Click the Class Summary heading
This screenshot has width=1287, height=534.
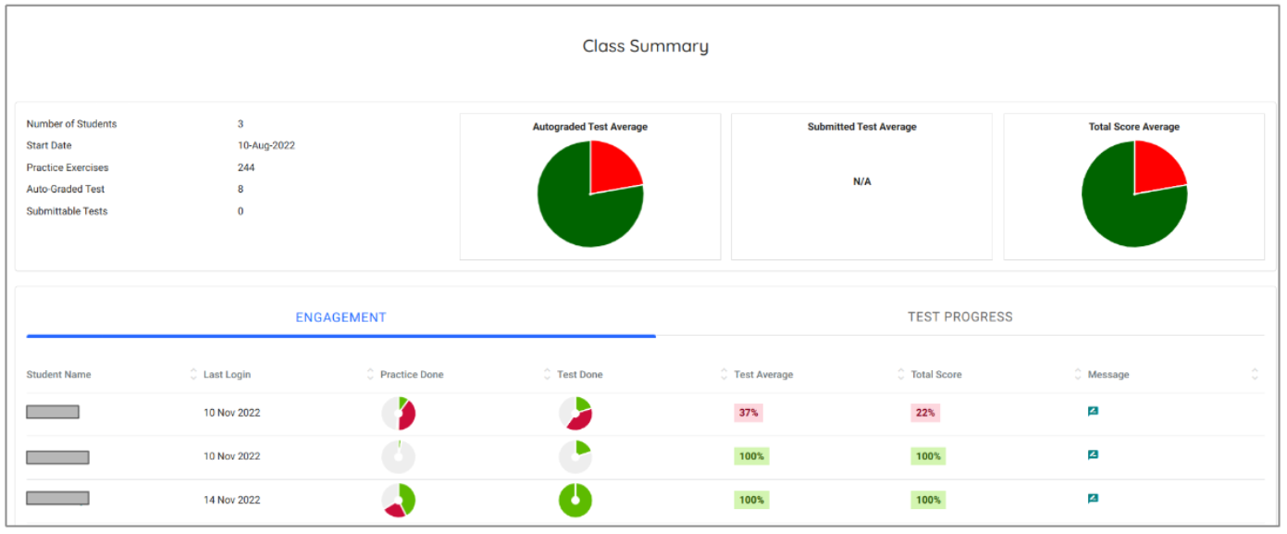(x=645, y=46)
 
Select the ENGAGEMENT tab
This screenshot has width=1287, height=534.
(x=340, y=317)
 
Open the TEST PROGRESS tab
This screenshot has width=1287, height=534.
(x=959, y=317)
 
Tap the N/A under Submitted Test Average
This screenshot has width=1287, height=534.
(x=861, y=182)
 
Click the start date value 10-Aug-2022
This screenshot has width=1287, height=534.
(x=266, y=146)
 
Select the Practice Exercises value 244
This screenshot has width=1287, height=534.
(x=246, y=168)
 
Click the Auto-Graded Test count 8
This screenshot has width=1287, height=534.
(x=241, y=190)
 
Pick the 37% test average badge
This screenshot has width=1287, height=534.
(x=749, y=413)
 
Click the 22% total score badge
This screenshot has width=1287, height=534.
(x=925, y=413)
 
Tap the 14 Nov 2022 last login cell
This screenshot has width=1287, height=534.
(x=231, y=500)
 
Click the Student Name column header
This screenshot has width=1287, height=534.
(x=58, y=375)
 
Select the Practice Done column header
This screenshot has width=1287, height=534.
(x=411, y=375)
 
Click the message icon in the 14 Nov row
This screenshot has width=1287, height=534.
(x=1093, y=499)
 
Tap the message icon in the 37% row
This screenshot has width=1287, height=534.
(x=1093, y=412)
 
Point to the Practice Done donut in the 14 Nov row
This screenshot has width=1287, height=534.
(x=399, y=501)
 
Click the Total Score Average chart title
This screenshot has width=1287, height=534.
(x=1133, y=127)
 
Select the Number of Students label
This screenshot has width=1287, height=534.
(x=71, y=124)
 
